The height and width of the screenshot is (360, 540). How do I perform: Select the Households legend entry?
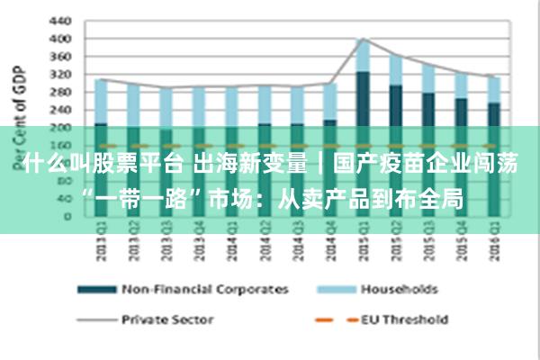[x=399, y=290]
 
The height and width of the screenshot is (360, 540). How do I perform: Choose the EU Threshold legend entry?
[x=404, y=319]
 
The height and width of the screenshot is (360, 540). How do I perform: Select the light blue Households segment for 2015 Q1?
[x=363, y=55]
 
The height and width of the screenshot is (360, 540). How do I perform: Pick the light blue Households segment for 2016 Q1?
[x=493, y=89]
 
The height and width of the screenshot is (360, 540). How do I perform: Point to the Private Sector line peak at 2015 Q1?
[x=363, y=39]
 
